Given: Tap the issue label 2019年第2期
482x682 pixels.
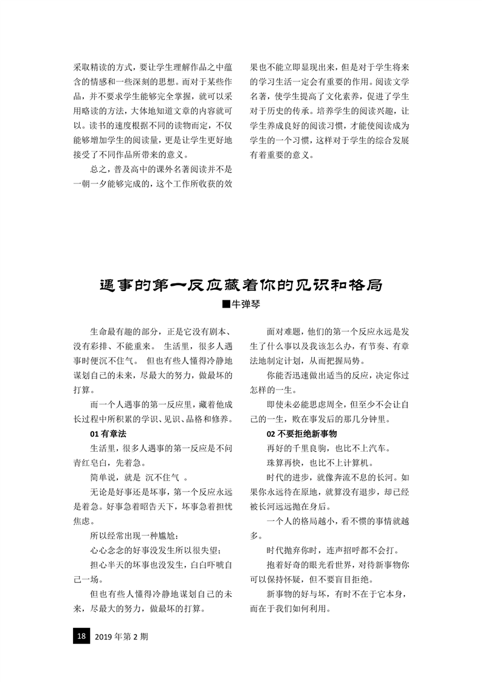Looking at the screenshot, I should pyautogui.click(x=122, y=637).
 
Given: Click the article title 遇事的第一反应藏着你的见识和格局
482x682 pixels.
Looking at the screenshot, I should pyautogui.click(x=241, y=284).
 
